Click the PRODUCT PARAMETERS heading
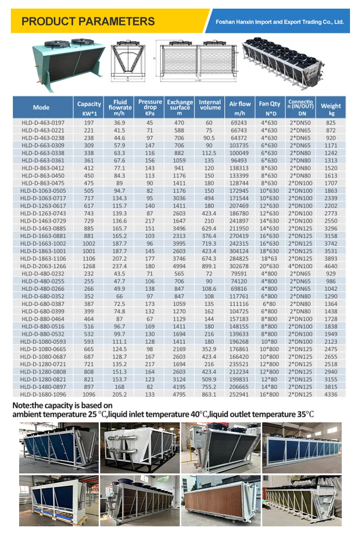click(88, 21)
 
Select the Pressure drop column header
click(150, 107)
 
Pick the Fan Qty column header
click(269, 107)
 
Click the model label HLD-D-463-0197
click(43, 123)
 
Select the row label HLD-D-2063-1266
click(43, 266)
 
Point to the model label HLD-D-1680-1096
click(43, 394)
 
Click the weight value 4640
click(331, 266)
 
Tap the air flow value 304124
click(240, 251)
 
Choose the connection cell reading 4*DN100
click(300, 266)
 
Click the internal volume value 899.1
click(210, 266)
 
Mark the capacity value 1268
click(89, 266)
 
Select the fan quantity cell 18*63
click(269, 259)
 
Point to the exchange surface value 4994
click(180, 266)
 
